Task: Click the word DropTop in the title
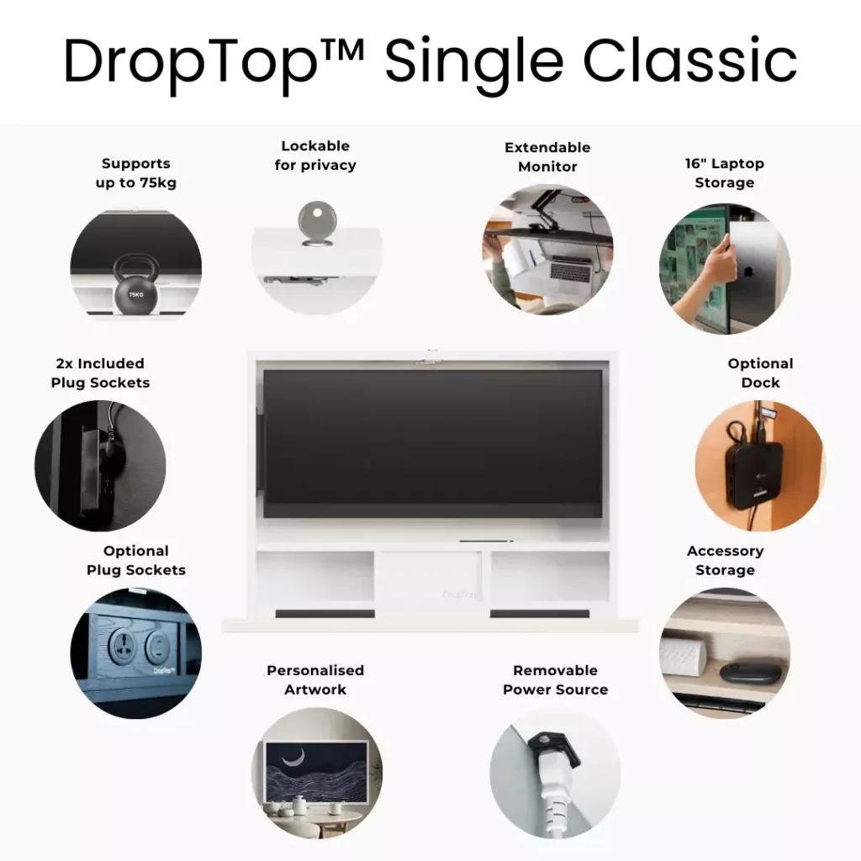pyautogui.click(x=191, y=62)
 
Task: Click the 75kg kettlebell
pyautogui.click(x=135, y=284)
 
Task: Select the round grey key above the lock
pyautogui.click(x=316, y=220)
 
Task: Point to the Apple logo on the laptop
pyautogui.click(x=748, y=272)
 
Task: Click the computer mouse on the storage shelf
pyautogui.click(x=750, y=672)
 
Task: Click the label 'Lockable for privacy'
pyautogui.click(x=315, y=156)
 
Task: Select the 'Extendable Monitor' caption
pyautogui.click(x=547, y=157)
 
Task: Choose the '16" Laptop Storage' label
pyautogui.click(x=724, y=173)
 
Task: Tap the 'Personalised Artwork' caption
pyautogui.click(x=315, y=679)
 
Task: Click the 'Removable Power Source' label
pyautogui.click(x=555, y=679)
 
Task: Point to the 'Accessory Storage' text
pyautogui.click(x=725, y=560)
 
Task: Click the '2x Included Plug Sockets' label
pyautogui.click(x=100, y=372)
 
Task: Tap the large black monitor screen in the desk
pyautogui.click(x=433, y=443)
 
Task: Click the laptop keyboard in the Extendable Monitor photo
pyautogui.click(x=569, y=270)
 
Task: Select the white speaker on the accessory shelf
pyautogui.click(x=682, y=657)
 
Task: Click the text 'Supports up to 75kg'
pyautogui.click(x=135, y=173)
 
